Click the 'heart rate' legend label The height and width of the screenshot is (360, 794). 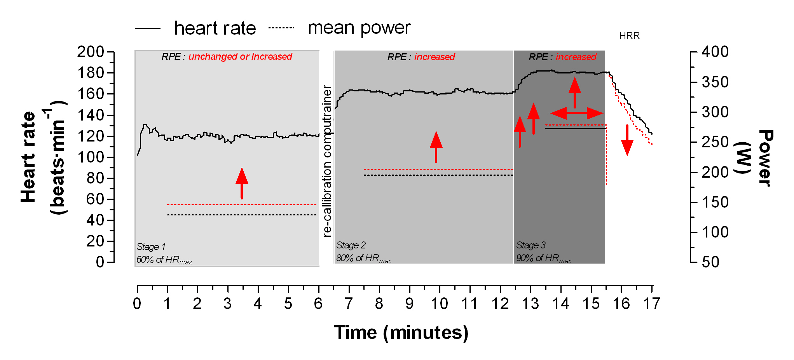point(215,28)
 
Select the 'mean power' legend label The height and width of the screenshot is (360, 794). point(359,28)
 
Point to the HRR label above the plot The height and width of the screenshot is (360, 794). point(629,36)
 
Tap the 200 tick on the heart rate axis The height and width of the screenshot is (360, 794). point(91,52)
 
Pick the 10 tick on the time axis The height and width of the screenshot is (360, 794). point(440,304)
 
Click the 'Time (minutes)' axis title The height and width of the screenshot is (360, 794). point(401,333)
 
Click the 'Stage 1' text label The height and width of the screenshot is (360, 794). point(151,247)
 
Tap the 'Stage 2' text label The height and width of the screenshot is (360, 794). point(351,245)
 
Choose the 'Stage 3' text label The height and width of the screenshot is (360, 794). point(531,245)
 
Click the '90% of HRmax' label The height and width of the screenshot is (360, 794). point(544,259)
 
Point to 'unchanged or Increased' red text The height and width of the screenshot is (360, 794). point(240,57)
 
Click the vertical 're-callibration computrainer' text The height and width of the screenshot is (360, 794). point(327,161)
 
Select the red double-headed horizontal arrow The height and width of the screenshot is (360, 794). point(577,113)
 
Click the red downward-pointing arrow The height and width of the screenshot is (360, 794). point(627,141)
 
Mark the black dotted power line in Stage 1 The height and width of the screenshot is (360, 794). point(242,215)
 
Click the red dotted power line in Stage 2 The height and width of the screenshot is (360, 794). point(438,170)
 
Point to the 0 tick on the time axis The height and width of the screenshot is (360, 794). point(137,304)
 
